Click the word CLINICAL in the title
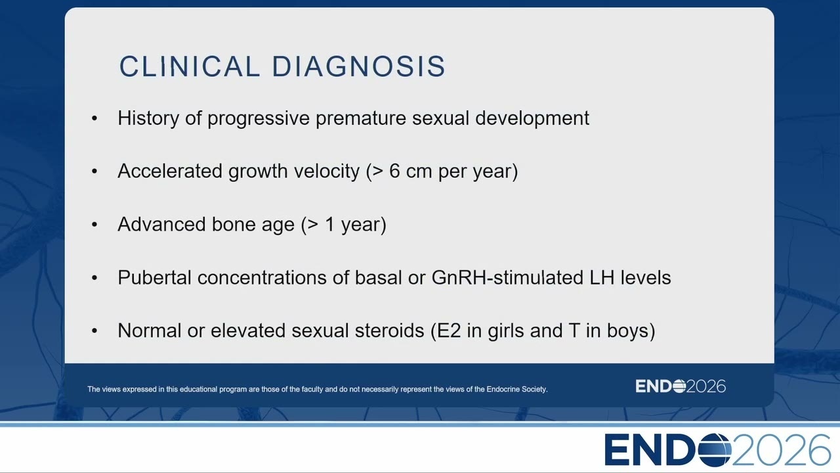point(189,66)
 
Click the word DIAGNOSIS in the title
point(358,66)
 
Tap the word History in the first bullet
point(148,119)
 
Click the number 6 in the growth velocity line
point(394,171)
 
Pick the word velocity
point(327,172)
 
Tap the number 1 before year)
point(330,225)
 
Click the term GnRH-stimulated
point(507,278)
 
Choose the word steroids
point(389,330)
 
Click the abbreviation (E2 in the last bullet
point(446,331)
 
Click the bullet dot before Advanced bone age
point(94,225)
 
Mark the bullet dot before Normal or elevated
point(94,330)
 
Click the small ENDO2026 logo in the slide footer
point(681,386)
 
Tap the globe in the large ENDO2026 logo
point(715,450)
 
